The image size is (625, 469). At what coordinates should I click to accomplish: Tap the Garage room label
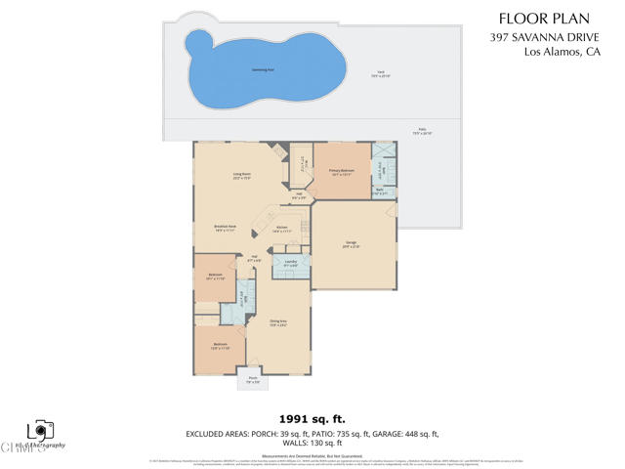point(352,245)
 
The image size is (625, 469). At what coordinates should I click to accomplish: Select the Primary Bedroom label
point(341,172)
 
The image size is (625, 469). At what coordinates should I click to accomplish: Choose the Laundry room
point(291,265)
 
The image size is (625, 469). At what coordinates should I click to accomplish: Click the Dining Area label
point(277,322)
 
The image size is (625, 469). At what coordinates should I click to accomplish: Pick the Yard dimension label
point(380,74)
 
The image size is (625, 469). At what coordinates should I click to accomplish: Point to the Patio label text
point(423,132)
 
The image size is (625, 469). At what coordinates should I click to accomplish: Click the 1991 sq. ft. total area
point(312,416)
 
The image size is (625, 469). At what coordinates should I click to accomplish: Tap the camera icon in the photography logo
point(40,429)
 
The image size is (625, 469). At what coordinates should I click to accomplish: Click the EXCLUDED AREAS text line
point(312,433)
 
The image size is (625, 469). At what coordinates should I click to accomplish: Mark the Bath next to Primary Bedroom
point(382,192)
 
